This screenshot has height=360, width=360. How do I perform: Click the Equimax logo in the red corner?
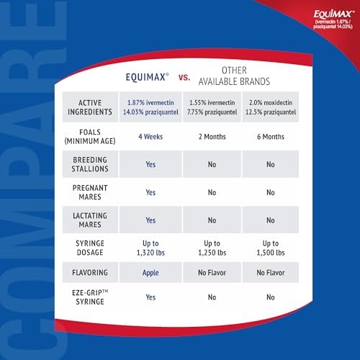pyautogui.click(x=333, y=19)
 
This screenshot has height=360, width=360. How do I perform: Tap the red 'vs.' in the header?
pyautogui.click(x=184, y=77)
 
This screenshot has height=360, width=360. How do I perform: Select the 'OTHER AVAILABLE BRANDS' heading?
pyautogui.click(x=234, y=76)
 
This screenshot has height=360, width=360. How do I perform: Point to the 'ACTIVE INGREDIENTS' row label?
pyautogui.click(x=90, y=107)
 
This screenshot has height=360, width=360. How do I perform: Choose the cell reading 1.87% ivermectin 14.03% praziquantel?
pyautogui.click(x=150, y=107)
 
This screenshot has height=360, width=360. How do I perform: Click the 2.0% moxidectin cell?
pyautogui.click(x=271, y=107)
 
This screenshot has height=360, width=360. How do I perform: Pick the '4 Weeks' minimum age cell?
pyautogui.click(x=150, y=137)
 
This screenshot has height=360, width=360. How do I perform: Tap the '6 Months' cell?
pyautogui.click(x=271, y=137)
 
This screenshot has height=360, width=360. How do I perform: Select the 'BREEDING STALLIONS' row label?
pyautogui.click(x=90, y=164)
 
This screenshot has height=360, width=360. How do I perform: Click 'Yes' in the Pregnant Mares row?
pyautogui.click(x=150, y=192)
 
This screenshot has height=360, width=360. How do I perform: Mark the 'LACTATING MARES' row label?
pyautogui.click(x=90, y=220)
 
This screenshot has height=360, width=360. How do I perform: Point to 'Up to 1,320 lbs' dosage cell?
pyautogui.click(x=150, y=248)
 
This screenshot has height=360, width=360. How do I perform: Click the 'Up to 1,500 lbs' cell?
pyautogui.click(x=271, y=248)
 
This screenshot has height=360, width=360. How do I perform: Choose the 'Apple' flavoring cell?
pyautogui.click(x=150, y=273)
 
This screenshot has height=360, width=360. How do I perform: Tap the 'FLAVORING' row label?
pyautogui.click(x=90, y=272)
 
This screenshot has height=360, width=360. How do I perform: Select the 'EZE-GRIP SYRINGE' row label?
pyautogui.click(x=90, y=297)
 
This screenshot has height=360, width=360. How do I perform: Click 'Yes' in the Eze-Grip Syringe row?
pyautogui.click(x=150, y=297)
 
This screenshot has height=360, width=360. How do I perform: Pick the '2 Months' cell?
pyautogui.click(x=212, y=137)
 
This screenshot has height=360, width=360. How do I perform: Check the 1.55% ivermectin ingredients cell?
pyautogui.click(x=212, y=107)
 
